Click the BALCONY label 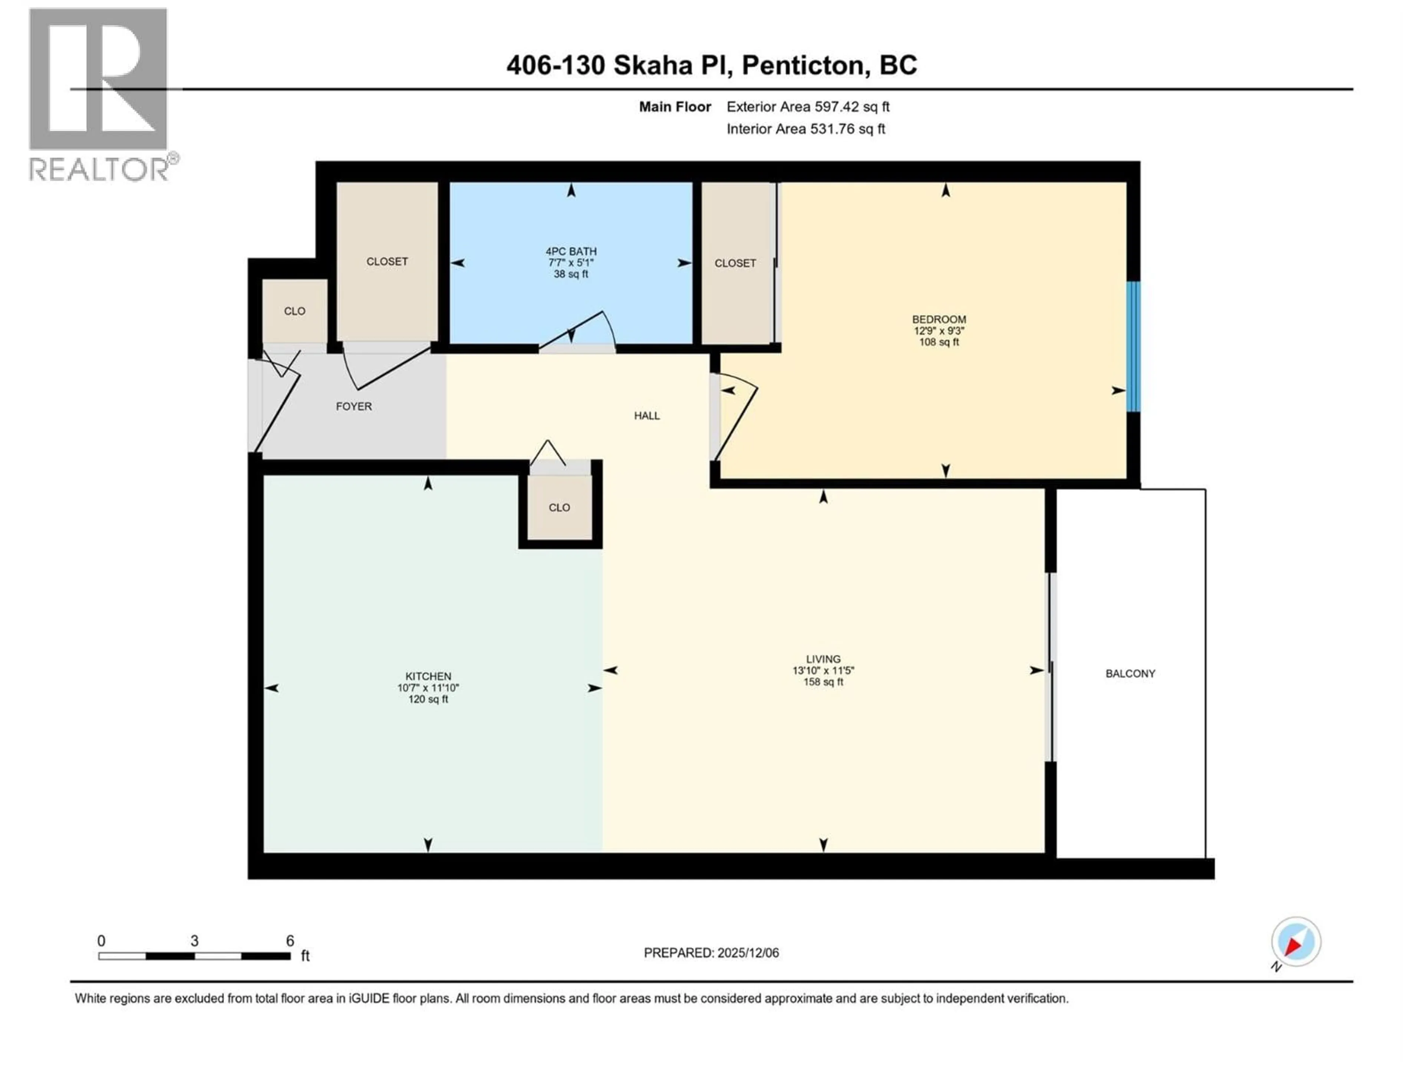pyautogui.click(x=1130, y=673)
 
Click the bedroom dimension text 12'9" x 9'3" pyautogui.click(x=939, y=331)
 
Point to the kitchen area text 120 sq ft pyautogui.click(x=428, y=699)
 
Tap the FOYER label pyautogui.click(x=353, y=406)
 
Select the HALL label pyautogui.click(x=646, y=416)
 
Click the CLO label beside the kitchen pyautogui.click(x=559, y=507)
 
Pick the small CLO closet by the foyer pyautogui.click(x=294, y=311)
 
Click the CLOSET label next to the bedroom pyautogui.click(x=735, y=263)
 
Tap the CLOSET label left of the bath pyautogui.click(x=387, y=261)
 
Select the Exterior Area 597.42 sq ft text pyautogui.click(x=808, y=107)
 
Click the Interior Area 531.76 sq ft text pyautogui.click(x=805, y=129)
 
